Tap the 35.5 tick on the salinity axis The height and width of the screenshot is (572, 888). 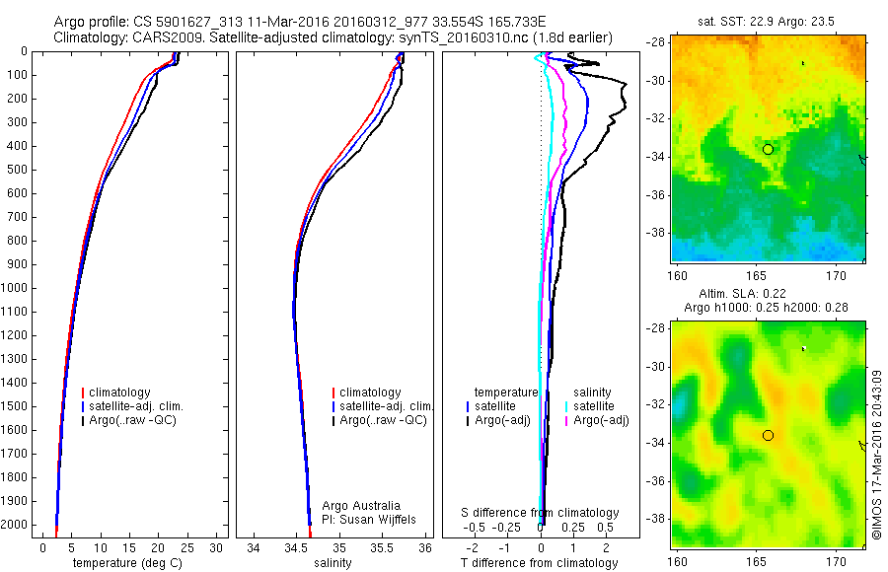pos(383,547)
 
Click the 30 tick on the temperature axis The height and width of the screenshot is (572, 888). pos(216,547)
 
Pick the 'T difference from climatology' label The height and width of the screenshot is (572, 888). pos(539,563)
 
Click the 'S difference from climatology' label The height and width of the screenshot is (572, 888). pos(541,513)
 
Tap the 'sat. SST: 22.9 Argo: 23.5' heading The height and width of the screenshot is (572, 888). pos(769,20)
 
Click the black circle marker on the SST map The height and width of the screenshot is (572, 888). pos(768,149)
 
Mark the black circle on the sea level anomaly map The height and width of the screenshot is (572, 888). pos(768,435)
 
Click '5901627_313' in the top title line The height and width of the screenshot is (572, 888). pos(190,22)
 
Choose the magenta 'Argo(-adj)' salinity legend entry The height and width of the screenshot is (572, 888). pos(601,420)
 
